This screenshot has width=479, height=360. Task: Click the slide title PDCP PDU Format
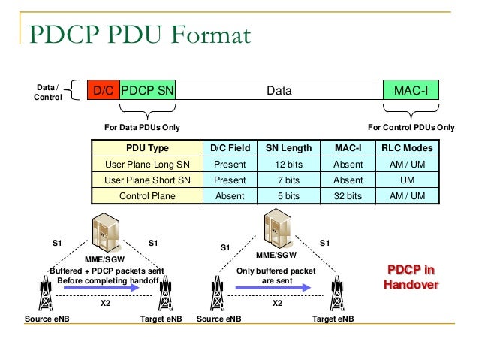tap(139, 35)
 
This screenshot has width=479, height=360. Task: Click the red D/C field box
tap(103, 92)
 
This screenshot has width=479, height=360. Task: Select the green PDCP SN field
tap(147, 92)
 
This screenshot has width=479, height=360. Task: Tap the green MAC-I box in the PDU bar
tap(411, 92)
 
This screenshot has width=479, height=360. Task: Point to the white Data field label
tap(279, 92)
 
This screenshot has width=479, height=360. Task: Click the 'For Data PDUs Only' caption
tap(142, 127)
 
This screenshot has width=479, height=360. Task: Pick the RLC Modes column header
tap(408, 148)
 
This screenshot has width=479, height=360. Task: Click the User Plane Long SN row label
tap(147, 164)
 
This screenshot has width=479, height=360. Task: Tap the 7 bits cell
tap(289, 180)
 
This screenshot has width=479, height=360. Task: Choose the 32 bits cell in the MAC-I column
tap(348, 196)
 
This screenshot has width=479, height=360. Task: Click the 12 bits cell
tap(289, 164)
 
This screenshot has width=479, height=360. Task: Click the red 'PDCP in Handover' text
tap(411, 277)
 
